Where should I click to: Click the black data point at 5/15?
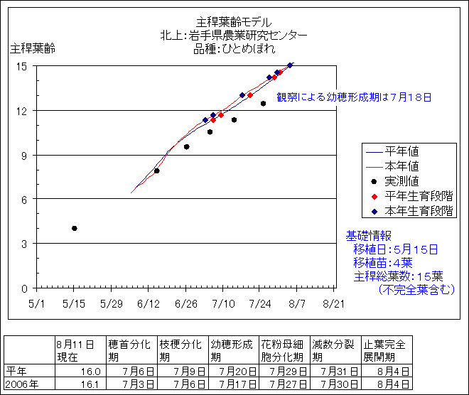(74, 228)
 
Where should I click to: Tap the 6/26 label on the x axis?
(185, 303)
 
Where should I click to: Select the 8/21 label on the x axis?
(334, 303)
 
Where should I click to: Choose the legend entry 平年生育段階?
(419, 196)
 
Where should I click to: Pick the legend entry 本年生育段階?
(419, 211)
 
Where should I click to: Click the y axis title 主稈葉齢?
(32, 49)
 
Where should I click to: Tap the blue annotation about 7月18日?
(354, 97)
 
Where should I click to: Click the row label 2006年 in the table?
(18, 384)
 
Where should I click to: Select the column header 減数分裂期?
(333, 350)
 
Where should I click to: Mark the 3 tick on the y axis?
(24, 244)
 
